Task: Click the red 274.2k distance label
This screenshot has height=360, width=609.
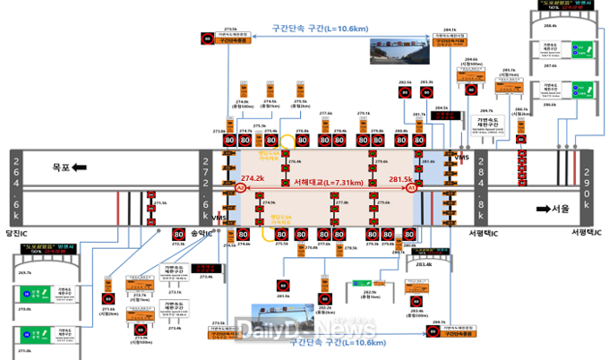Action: [x=253, y=178]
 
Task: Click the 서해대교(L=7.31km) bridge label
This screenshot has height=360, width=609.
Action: [x=328, y=183]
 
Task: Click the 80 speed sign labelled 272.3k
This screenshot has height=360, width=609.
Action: [x=177, y=234]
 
